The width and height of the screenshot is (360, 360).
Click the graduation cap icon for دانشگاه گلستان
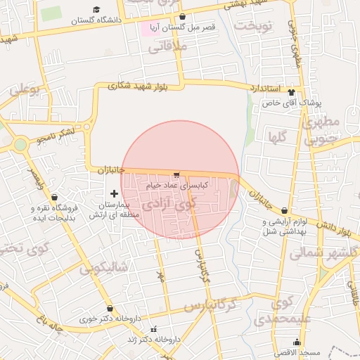96,10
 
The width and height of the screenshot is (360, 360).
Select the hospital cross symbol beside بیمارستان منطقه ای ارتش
115,193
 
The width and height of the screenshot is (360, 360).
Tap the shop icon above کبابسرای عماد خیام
176,174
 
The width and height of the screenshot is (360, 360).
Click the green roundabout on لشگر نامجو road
20,145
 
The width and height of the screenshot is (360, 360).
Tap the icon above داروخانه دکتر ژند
154,329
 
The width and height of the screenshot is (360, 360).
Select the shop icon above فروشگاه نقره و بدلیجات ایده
55,198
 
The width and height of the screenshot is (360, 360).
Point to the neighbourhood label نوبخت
253,26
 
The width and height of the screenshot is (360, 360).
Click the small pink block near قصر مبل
150,30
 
